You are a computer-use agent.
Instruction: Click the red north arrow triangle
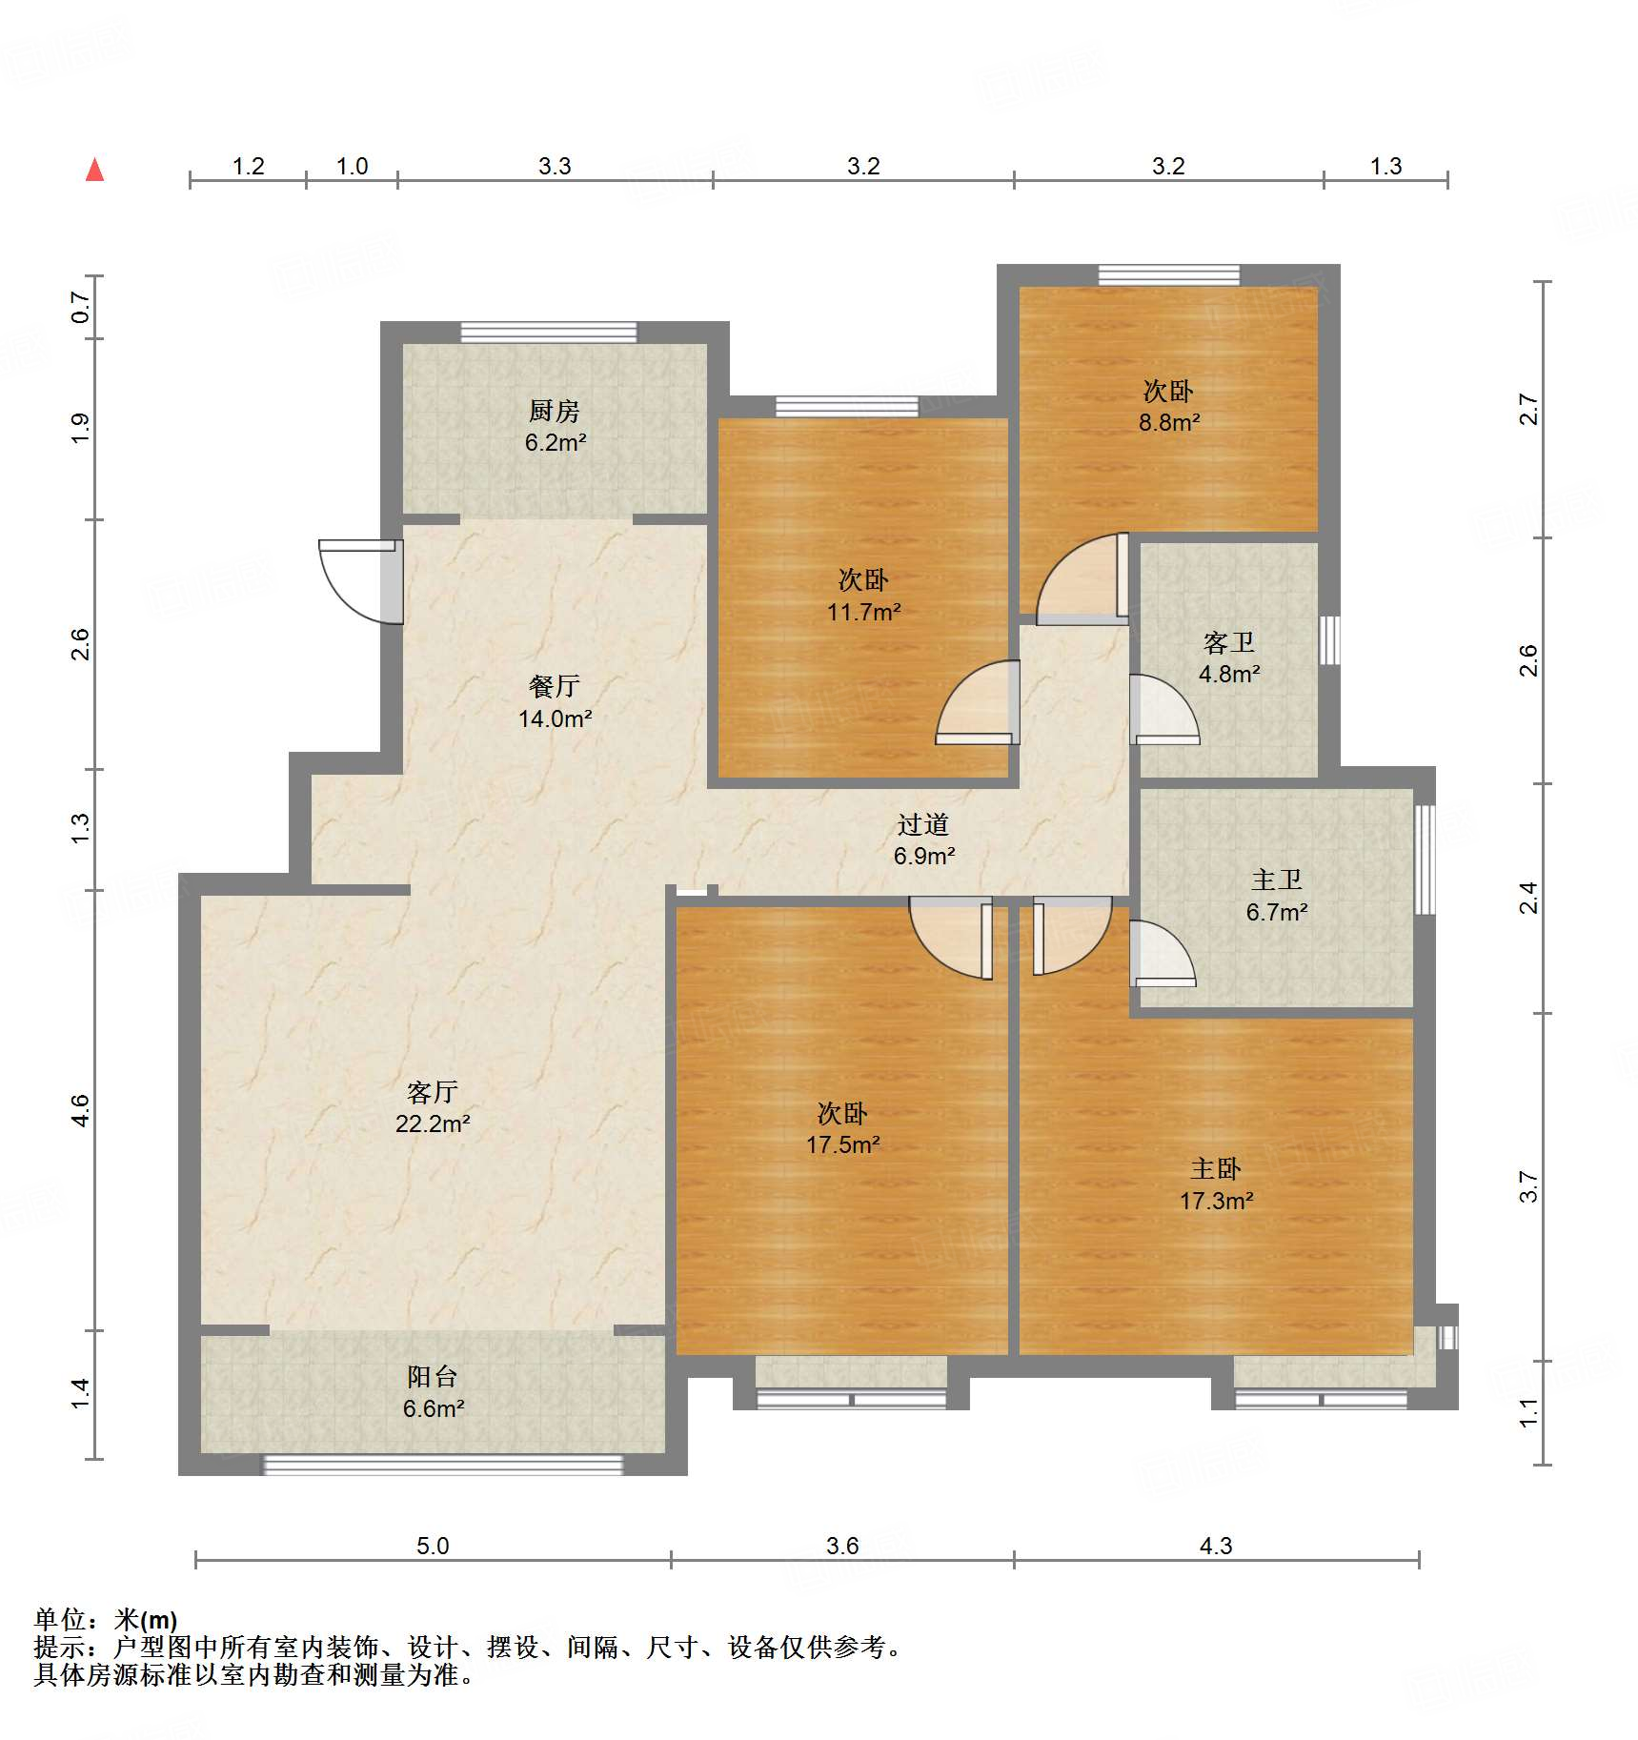[x=94, y=171]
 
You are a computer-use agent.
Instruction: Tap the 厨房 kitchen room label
[x=554, y=411]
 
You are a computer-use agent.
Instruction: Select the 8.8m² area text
[x=1168, y=422]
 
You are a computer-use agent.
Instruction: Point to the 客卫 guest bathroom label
[x=1228, y=643]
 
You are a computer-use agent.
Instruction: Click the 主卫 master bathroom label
[x=1276, y=880]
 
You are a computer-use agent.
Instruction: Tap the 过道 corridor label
[x=922, y=824]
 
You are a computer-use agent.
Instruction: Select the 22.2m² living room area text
[x=433, y=1123]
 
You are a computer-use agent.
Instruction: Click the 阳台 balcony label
[x=432, y=1376]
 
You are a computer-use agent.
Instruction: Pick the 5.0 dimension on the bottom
[x=432, y=1545]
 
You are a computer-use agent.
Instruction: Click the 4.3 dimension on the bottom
[x=1215, y=1545]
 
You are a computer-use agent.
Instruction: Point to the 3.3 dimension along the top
[x=554, y=166]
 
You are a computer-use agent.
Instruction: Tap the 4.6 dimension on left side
[x=80, y=1110]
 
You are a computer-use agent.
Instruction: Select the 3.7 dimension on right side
[x=1527, y=1186]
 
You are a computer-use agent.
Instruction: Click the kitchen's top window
[x=549, y=332]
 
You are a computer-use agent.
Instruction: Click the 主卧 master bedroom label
[x=1215, y=1168]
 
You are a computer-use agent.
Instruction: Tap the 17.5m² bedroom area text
[x=842, y=1144]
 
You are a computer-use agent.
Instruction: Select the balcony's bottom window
[x=443, y=1465]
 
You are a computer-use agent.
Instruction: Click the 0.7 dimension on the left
[x=80, y=307]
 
